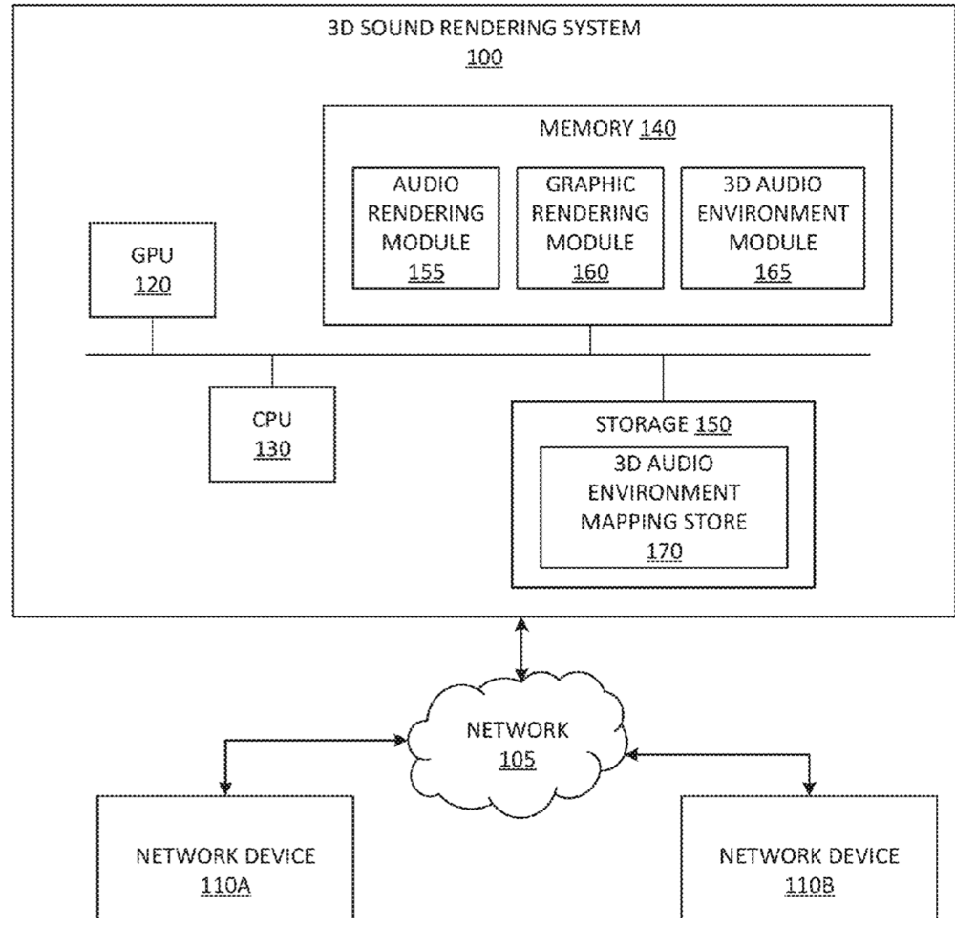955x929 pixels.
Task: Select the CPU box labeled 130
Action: pyautogui.click(x=272, y=434)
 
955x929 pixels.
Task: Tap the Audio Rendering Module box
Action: pyautogui.click(x=426, y=227)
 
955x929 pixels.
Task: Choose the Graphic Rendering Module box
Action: pyautogui.click(x=589, y=227)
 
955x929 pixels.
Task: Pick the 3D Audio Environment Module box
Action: pyautogui.click(x=772, y=227)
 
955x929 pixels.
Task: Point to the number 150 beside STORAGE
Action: pyautogui.click(x=713, y=425)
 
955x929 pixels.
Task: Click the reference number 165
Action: pyautogui.click(x=772, y=272)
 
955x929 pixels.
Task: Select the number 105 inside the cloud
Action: pyautogui.click(x=517, y=761)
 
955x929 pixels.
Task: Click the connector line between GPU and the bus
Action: pyautogui.click(x=152, y=336)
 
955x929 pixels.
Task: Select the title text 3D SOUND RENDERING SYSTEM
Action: pyautogui.click(x=484, y=28)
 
